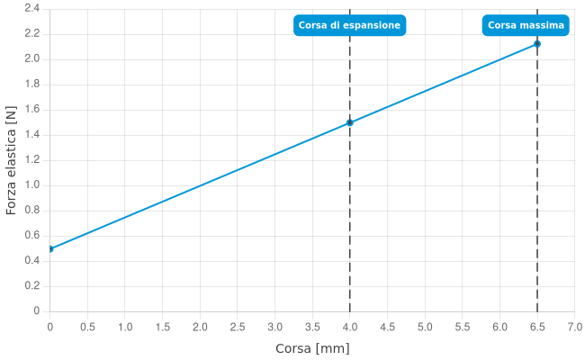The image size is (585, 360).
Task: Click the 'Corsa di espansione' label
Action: (x=349, y=25)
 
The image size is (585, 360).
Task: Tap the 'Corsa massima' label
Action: (x=526, y=25)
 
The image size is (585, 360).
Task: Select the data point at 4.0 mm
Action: (x=350, y=122)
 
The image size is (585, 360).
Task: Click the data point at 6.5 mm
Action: (x=537, y=43)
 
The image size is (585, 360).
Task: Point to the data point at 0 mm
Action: (x=50, y=248)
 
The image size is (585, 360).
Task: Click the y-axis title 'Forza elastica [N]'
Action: (x=11, y=161)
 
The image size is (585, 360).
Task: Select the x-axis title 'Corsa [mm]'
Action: (x=312, y=347)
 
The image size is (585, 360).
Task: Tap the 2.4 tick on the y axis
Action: (x=31, y=8)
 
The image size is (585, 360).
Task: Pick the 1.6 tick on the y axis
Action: (x=31, y=109)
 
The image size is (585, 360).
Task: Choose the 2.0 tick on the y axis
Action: (x=31, y=58)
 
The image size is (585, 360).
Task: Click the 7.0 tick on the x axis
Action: (x=574, y=326)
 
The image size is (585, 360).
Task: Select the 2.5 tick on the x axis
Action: (x=238, y=326)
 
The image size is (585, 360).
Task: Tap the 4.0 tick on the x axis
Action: (x=350, y=326)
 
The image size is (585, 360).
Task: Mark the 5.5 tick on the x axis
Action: (x=463, y=326)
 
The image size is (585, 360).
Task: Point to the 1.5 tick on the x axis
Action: (x=163, y=326)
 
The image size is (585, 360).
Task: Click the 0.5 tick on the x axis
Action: (x=88, y=326)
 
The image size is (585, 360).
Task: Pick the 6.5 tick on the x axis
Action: (x=537, y=326)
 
